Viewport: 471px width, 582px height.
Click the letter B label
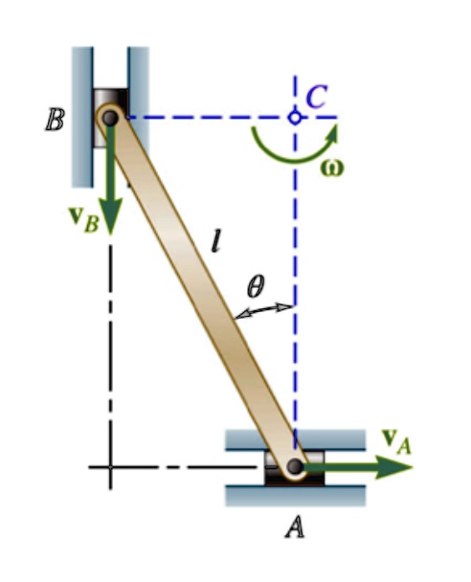[55, 120]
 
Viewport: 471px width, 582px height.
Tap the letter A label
[295, 527]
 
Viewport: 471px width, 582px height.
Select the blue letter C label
[316, 97]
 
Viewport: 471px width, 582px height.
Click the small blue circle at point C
[295, 118]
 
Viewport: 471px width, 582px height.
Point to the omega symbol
[332, 168]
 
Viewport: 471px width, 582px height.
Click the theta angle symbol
[256, 286]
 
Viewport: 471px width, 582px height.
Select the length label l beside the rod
[216, 241]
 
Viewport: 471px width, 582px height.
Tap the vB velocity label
[84, 219]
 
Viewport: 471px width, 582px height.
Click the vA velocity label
[397, 441]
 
